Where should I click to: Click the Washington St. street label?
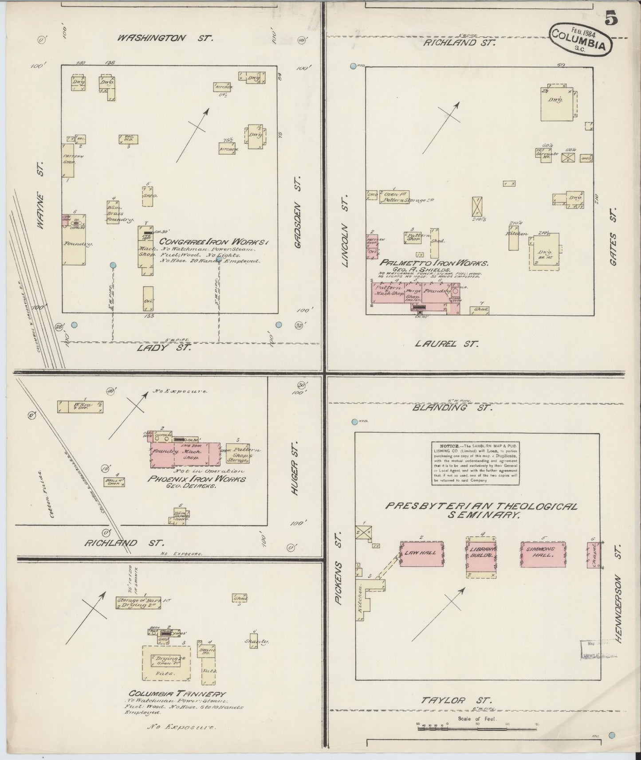pyautogui.click(x=165, y=38)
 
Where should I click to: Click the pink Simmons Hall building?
pyautogui.click(x=543, y=554)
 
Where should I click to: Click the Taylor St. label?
pyautogui.click(x=456, y=701)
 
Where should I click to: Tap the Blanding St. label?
pyautogui.click(x=452, y=407)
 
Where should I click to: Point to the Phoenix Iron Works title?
pyautogui.click(x=197, y=479)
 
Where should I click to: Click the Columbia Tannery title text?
pyautogui.click(x=177, y=694)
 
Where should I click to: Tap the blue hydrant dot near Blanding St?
pyautogui.click(x=354, y=422)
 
